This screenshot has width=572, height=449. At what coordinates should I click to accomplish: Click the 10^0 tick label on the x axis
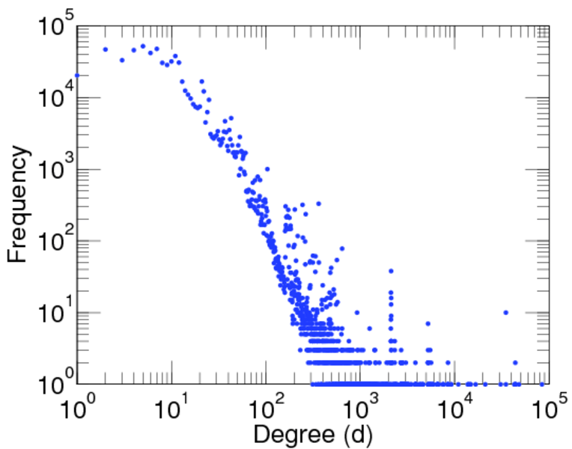click(76, 410)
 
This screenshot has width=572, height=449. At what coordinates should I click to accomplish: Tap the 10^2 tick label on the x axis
click(267, 410)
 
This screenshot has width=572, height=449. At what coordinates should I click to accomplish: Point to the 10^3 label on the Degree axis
click(361, 410)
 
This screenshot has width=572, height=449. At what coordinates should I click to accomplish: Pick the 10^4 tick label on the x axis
click(456, 410)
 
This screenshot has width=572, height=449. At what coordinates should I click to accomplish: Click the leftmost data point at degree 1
click(77, 75)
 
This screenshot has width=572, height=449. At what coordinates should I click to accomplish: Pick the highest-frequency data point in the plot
click(143, 46)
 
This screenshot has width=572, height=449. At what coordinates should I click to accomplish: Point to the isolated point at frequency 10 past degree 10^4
click(506, 312)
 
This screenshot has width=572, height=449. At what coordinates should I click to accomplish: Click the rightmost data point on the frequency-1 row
click(542, 384)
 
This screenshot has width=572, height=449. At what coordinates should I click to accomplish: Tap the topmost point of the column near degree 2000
click(391, 271)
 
